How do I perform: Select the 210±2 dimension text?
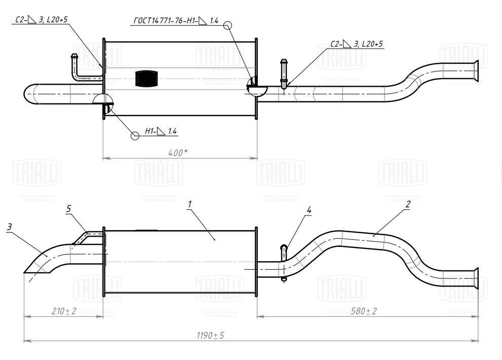63,311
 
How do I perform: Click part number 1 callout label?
189,204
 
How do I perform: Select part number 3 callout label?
9,227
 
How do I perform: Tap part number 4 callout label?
308,209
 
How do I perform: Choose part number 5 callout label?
69,208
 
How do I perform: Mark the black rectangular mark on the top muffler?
147,79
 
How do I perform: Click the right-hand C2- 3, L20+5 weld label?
357,45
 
